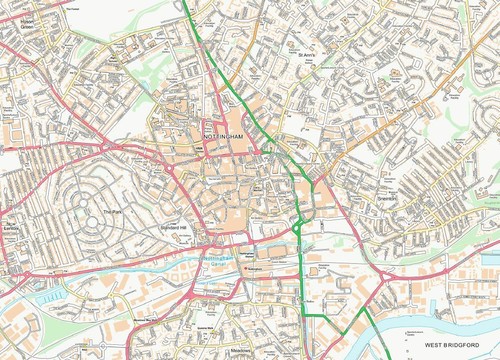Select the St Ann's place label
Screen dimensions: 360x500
(x=305, y=54)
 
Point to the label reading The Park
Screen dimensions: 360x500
(x=112, y=211)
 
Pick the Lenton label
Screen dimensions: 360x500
(x=12, y=229)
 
